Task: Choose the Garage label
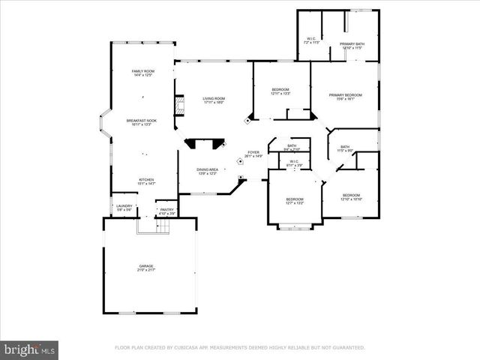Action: point(146,268)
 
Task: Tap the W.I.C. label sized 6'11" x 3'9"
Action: point(293,163)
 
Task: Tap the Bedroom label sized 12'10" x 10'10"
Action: point(351,197)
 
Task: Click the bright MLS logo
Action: point(30,349)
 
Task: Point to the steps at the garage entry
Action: point(147,226)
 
